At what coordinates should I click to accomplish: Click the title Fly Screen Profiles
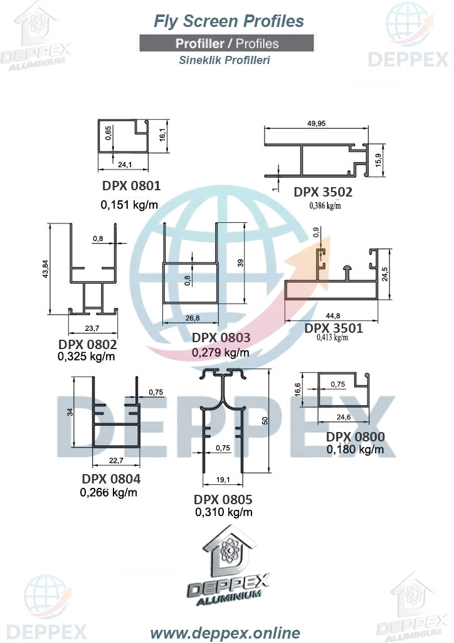pos(228,21)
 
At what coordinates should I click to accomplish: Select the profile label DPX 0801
pos(132,186)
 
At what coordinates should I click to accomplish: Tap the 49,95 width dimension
pos(317,124)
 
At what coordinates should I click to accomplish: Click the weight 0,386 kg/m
pos(325,205)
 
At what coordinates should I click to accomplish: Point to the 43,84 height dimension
pos(45,269)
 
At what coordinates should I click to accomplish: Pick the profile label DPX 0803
pos(221,337)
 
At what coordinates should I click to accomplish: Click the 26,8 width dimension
pos(193,318)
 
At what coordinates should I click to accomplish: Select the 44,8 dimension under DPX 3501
pos(333,316)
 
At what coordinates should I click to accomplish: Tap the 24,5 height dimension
pos(385,274)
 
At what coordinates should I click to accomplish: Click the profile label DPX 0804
pos(111,479)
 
